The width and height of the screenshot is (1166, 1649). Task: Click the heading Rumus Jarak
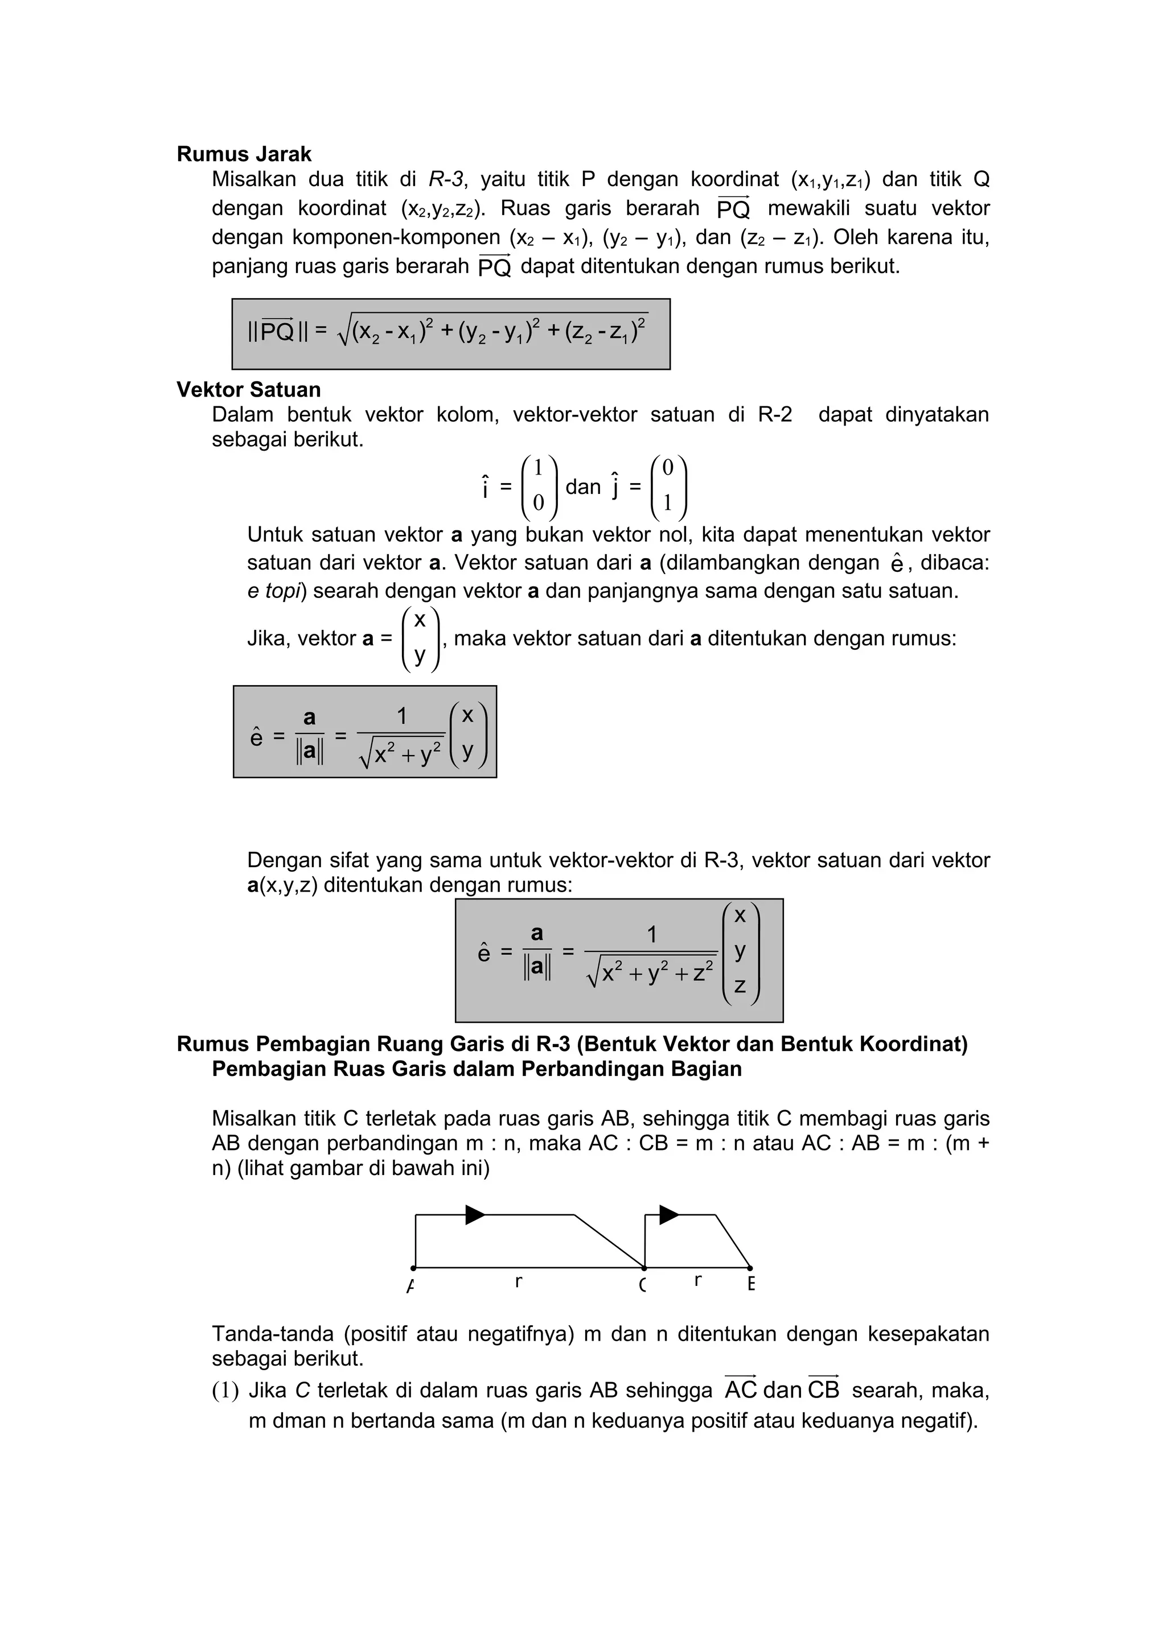244,154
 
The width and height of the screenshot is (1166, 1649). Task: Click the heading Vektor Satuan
249,390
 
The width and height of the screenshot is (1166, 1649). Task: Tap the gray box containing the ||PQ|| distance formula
450,334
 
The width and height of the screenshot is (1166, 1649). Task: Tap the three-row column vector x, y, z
740,950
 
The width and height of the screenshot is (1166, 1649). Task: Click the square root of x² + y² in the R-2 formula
401,754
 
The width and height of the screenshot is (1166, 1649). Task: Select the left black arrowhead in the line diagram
475,1214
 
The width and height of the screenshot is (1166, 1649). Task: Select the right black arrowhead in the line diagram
669,1214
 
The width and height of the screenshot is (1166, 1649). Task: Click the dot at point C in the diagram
644,1268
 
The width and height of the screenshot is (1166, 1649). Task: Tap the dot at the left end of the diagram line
413,1268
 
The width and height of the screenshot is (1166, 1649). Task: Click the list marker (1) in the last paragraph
225,1391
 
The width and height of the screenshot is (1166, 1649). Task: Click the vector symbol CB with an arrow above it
823,1389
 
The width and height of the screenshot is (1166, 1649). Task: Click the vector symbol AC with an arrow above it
741,1389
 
